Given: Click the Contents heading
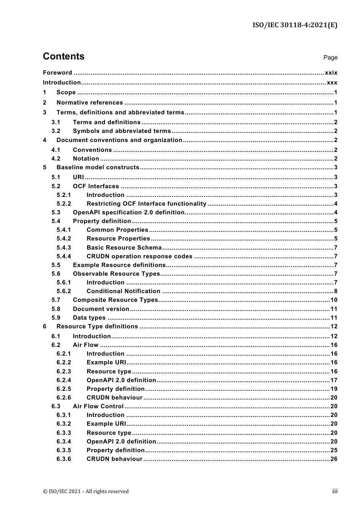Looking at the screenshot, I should click(64, 56).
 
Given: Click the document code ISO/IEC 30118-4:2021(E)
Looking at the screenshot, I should click(295, 25).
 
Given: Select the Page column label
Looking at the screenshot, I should click(330, 58).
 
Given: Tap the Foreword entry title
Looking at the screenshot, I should click(57, 73).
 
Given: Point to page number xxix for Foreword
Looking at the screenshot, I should click(331, 73).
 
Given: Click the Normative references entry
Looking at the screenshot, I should click(89, 103).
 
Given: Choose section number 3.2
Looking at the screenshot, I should click(56, 131).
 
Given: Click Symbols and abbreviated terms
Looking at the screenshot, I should click(122, 131).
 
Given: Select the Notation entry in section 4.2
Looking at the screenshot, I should click(86, 159).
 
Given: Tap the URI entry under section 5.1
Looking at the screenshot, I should click(78, 177).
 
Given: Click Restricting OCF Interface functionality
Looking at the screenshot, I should click(146, 204).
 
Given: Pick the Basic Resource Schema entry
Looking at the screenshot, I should click(124, 248).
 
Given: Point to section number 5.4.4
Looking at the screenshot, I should click(64, 256).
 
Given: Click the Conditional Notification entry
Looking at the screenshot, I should click(123, 291).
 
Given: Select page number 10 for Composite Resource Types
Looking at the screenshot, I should click(334, 300).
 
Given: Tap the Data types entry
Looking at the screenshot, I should click(89, 318).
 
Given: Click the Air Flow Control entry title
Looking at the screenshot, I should click(98, 406).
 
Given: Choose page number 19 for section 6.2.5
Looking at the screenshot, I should click(334, 389).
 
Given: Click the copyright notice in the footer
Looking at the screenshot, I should click(86, 492).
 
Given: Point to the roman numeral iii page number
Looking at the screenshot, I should click(335, 491).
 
